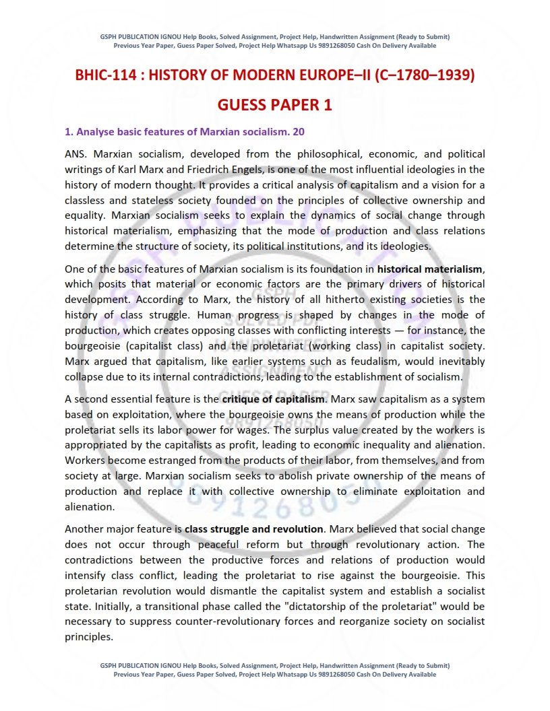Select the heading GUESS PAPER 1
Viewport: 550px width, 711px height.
tap(274, 105)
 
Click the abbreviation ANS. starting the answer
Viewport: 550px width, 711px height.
tap(76, 154)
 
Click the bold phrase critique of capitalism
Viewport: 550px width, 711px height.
tap(273, 399)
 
